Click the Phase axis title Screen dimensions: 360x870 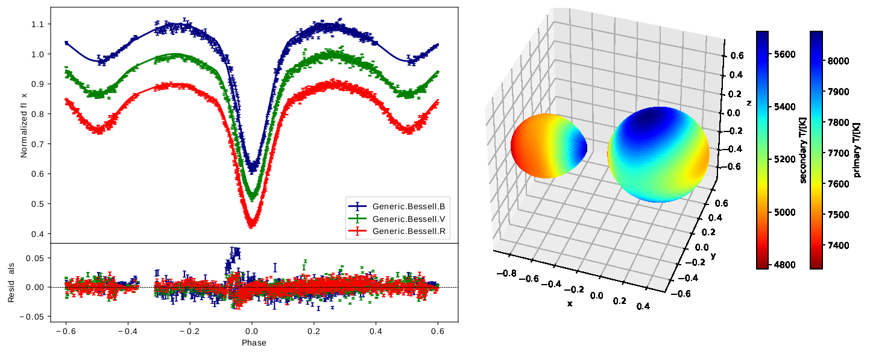[254, 343]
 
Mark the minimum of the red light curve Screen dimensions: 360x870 [251, 223]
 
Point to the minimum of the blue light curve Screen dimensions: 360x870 [253, 166]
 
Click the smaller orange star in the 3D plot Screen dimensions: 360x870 [547, 146]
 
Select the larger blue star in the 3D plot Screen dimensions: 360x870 [658, 154]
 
